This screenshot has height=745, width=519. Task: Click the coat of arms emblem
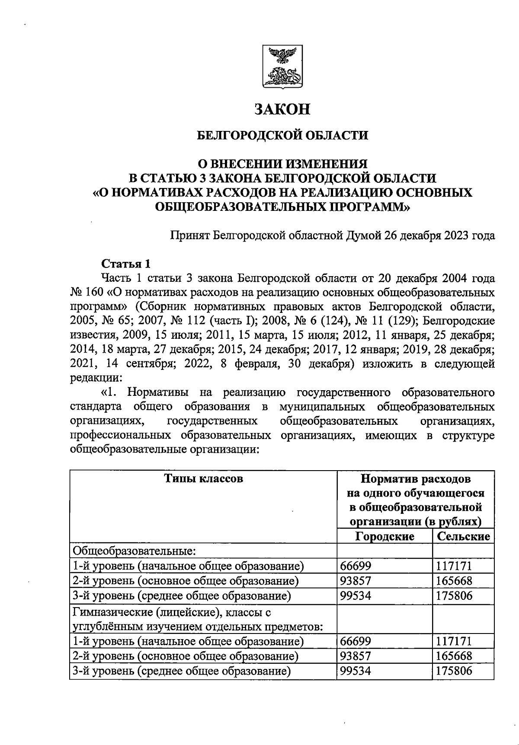(282, 67)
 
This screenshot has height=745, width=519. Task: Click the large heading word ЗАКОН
(282, 109)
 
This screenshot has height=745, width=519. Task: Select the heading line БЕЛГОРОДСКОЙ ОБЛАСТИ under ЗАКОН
(282, 136)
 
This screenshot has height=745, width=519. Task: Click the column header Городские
(384, 536)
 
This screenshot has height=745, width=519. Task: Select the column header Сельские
(463, 536)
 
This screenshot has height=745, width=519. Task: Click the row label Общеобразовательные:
(135, 551)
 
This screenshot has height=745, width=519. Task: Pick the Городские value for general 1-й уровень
(356, 566)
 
